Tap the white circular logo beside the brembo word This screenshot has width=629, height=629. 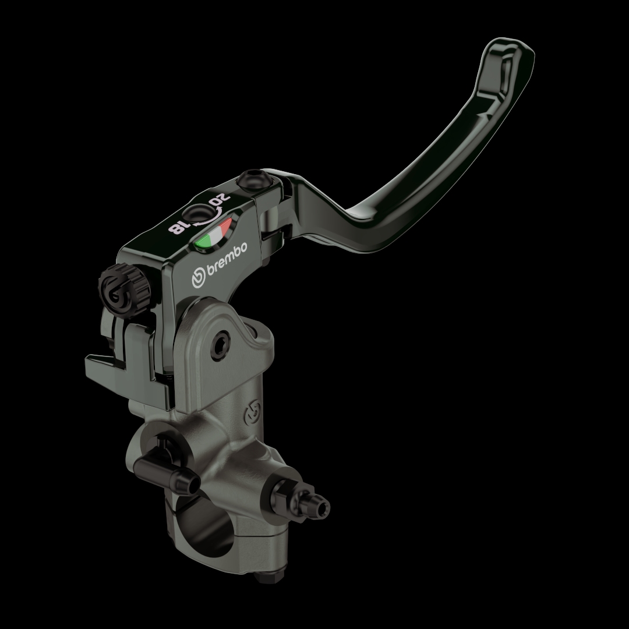199,277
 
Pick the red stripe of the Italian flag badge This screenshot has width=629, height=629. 225,225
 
